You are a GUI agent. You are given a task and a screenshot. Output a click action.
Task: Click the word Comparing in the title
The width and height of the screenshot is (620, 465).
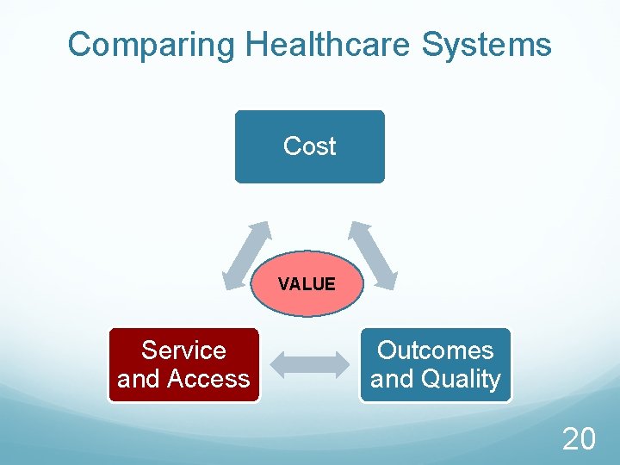(x=152, y=45)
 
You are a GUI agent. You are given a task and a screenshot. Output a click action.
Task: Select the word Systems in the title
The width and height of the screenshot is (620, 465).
(x=487, y=45)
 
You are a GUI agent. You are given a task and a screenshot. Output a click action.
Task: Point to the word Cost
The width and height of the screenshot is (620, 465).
(x=309, y=146)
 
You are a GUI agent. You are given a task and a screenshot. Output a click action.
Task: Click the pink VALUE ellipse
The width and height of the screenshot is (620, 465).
(x=307, y=297)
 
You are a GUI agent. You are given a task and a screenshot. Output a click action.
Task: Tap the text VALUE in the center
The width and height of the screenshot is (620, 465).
(x=307, y=284)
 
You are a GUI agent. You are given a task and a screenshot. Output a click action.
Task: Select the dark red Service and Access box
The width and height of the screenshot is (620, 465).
(x=183, y=364)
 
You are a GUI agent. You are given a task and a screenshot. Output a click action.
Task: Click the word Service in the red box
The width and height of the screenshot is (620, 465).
(x=183, y=350)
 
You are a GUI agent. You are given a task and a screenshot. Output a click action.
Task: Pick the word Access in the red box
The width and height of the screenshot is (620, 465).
(x=208, y=379)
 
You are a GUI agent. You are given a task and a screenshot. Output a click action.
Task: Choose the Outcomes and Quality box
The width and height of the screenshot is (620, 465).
(x=436, y=364)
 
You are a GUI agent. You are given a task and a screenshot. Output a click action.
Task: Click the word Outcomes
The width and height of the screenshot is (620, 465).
(x=436, y=350)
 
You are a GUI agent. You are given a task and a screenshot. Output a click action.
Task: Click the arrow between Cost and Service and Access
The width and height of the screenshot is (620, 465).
(x=246, y=255)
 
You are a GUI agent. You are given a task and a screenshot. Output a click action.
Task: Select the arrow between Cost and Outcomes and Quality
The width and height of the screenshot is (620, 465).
(x=373, y=255)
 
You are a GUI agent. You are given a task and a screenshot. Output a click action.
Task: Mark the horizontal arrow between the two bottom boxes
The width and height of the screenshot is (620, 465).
(x=310, y=364)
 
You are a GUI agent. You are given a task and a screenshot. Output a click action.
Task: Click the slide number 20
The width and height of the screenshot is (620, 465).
(x=579, y=440)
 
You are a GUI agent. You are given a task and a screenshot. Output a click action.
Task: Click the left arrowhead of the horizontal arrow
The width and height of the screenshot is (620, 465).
(x=281, y=364)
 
